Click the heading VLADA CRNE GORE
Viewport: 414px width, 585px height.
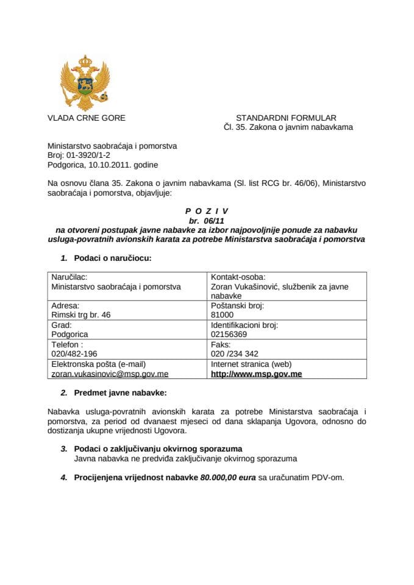[x=86, y=118]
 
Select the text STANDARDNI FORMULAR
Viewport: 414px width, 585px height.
[x=285, y=118]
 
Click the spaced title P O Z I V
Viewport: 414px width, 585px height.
[x=207, y=211]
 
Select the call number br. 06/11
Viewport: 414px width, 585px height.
[x=207, y=221]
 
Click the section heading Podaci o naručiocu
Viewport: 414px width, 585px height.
[x=112, y=258]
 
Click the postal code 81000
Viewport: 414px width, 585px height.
[x=221, y=314]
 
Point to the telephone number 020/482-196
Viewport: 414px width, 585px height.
[x=75, y=353]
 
